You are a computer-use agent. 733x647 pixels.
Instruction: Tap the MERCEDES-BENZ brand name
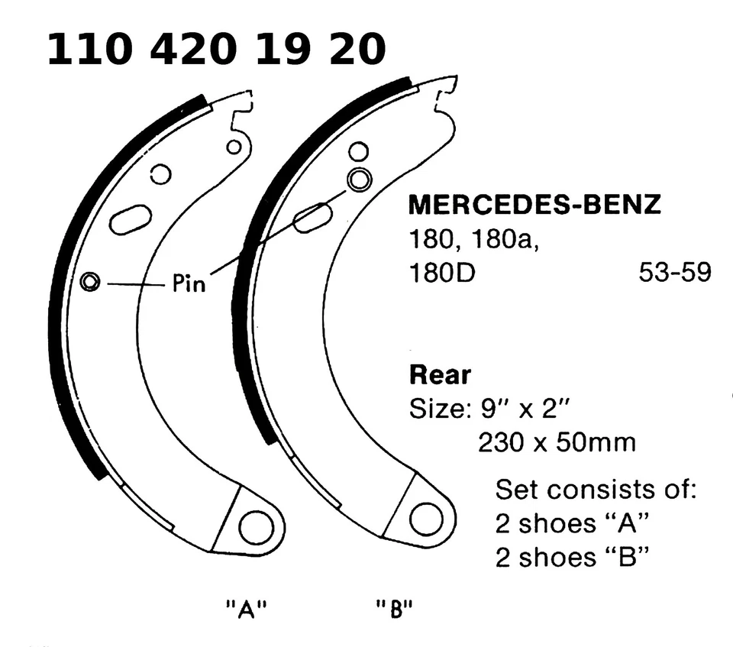click(x=534, y=205)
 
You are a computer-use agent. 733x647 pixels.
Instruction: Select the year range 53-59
click(x=674, y=273)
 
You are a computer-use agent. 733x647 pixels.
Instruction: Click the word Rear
click(x=441, y=376)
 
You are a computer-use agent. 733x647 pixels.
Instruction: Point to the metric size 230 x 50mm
click(x=556, y=442)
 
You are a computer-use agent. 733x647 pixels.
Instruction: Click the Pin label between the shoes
click(x=189, y=285)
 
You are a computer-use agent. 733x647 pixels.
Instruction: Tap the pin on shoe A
click(x=90, y=282)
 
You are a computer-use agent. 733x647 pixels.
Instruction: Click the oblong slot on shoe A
click(x=131, y=219)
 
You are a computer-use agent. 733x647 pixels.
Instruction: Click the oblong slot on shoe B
click(x=312, y=218)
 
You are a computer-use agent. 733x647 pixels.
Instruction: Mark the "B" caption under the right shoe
click(x=395, y=610)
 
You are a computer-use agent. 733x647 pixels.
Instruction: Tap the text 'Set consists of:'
click(x=596, y=489)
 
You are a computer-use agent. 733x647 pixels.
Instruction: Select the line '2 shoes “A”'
click(x=572, y=524)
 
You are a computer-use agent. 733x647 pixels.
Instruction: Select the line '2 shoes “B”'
click(x=572, y=558)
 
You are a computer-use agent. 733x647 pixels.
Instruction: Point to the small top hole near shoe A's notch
click(x=234, y=146)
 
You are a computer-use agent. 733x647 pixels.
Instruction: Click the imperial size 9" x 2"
click(x=491, y=409)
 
